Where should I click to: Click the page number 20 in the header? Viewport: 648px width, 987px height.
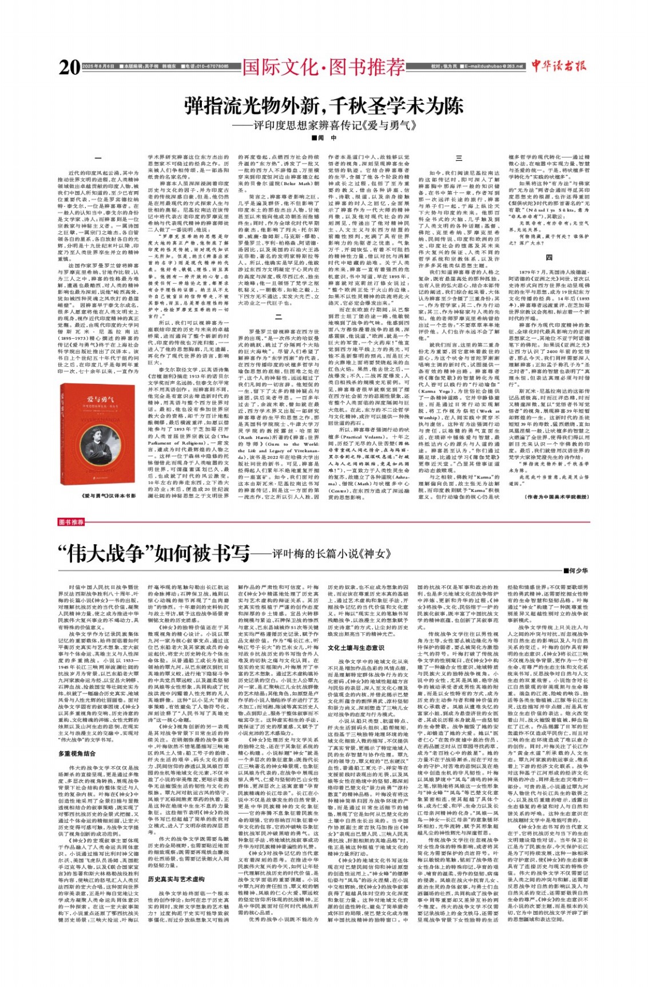[69, 68]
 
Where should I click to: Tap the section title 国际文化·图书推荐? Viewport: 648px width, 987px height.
[323, 68]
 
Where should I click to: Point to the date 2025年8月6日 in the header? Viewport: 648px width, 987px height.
[98, 66]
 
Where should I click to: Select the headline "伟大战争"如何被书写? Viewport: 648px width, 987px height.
[154, 553]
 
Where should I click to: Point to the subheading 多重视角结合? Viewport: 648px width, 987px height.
[77, 754]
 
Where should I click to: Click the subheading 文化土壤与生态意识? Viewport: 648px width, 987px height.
[356, 648]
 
